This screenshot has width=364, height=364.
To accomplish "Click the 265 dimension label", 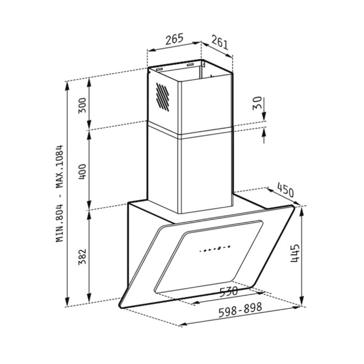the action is coord(175,39).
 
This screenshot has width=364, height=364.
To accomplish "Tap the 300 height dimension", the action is coord(82,105).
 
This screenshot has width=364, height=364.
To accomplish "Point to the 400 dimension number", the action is coord(82,171).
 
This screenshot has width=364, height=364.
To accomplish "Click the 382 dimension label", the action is coord(82,257).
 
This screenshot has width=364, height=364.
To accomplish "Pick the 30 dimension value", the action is coord(257,103).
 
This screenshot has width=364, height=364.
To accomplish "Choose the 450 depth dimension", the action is coord(285,190).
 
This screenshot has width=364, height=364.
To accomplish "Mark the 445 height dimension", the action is coord(295,253).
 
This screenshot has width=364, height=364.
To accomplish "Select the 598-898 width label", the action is coord(240,309).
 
